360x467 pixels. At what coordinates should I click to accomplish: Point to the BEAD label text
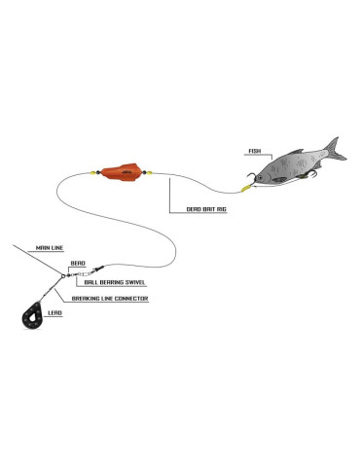pyautogui.click(x=77, y=263)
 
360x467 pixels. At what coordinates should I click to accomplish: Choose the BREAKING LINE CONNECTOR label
pyautogui.click(x=109, y=298)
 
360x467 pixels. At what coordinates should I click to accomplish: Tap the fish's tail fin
pyautogui.click(x=335, y=149)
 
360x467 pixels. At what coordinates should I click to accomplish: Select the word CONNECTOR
pyautogui.click(x=131, y=298)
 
